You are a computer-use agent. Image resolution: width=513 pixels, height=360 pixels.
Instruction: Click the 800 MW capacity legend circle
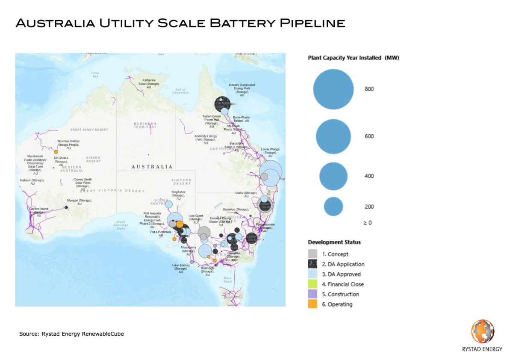333,89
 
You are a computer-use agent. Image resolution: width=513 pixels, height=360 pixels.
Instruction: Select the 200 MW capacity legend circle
333,207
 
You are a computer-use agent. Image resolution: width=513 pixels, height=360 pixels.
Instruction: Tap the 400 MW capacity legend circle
333,176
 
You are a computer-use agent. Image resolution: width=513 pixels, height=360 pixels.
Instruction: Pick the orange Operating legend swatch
313,304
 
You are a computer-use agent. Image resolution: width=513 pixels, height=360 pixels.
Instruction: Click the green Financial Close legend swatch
313,284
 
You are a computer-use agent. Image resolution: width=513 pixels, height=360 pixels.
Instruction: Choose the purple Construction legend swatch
313,294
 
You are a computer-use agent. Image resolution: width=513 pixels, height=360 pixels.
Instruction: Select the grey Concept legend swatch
313,254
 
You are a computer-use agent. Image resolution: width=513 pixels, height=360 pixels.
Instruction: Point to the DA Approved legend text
341,274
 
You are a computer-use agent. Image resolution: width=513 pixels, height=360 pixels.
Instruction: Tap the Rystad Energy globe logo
483,332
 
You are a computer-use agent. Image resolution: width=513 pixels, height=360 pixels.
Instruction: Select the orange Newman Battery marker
56,151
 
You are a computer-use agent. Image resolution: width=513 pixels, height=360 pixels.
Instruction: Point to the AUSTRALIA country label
152,167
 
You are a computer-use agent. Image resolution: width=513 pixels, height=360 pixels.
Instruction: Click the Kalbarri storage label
32,182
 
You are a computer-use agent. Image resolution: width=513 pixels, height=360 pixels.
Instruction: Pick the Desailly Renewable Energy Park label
242,90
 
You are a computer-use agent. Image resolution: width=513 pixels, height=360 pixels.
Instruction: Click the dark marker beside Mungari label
66,207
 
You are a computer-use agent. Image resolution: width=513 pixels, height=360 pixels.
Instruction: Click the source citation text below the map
71,333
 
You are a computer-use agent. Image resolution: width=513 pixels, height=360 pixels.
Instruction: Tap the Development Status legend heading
334,242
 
